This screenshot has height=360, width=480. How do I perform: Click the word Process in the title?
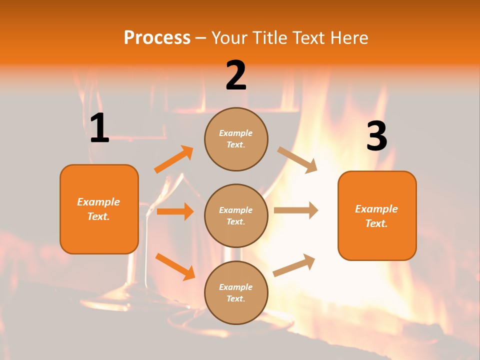tap(157, 37)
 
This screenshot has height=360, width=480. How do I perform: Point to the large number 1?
tap(99, 128)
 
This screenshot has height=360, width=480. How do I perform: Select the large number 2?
tap(236, 76)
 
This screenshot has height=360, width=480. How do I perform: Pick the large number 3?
tap(376, 136)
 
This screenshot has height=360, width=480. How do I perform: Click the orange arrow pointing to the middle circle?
tap(175, 211)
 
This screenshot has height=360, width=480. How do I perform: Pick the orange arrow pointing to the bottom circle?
tap(175, 266)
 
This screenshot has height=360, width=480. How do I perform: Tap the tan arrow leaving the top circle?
tap(297, 159)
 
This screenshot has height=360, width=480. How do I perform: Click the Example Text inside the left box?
tap(98, 209)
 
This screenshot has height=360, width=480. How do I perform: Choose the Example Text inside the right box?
tap(376, 216)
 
